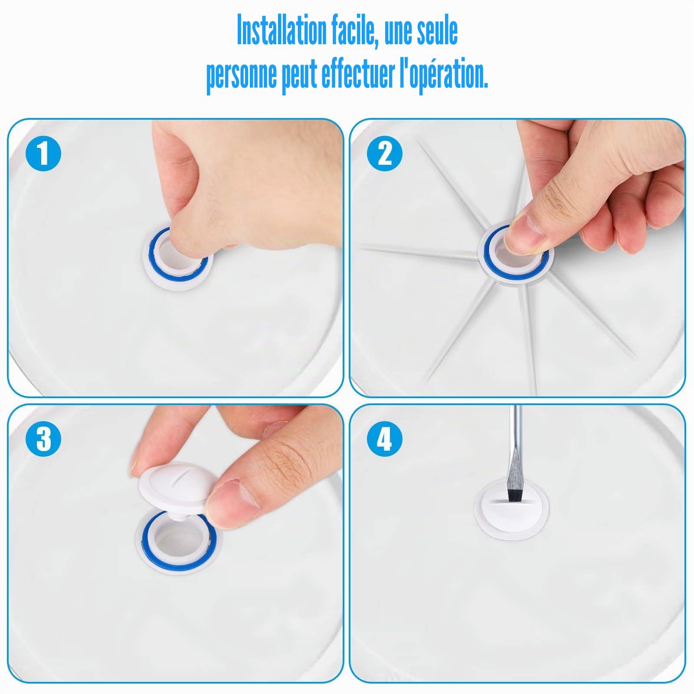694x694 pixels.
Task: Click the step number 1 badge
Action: click(x=43, y=154)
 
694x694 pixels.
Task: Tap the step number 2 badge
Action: click(x=385, y=154)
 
